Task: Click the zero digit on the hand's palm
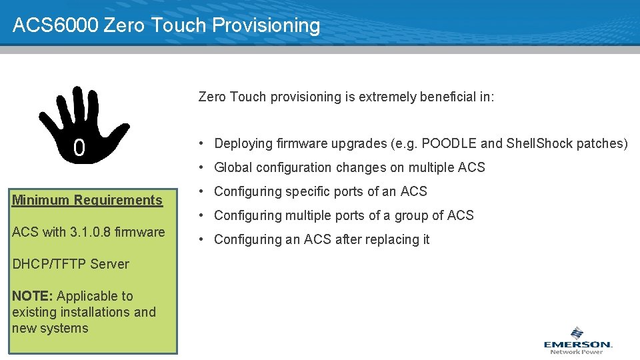(x=79, y=149)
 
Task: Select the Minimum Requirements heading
(x=87, y=200)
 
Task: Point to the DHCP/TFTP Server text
(x=70, y=264)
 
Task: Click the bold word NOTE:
(x=33, y=296)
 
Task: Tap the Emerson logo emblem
(x=577, y=333)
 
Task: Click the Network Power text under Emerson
(x=577, y=352)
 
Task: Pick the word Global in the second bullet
(x=233, y=167)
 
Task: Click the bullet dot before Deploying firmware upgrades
(x=201, y=143)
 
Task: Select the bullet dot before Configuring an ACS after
(x=201, y=239)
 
